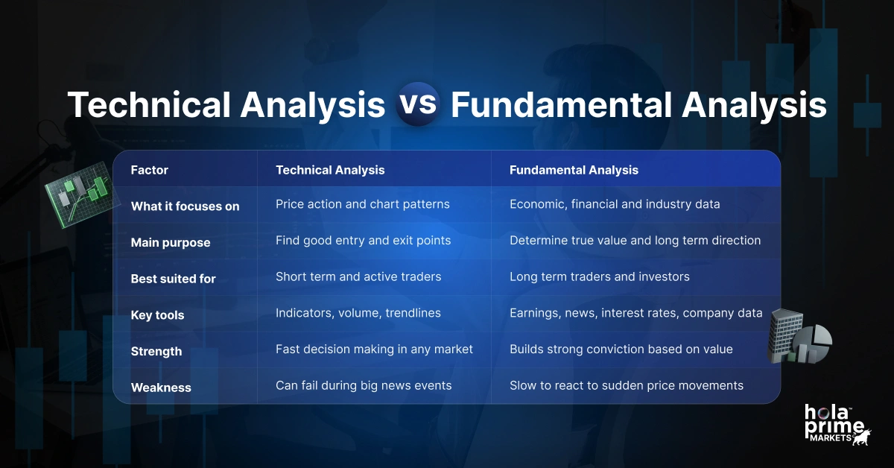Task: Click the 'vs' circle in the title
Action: point(417,104)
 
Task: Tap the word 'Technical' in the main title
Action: point(148,105)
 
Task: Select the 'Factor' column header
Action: point(150,170)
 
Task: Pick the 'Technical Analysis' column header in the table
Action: point(330,170)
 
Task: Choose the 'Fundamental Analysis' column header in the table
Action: point(574,170)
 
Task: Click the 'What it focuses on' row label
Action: point(185,206)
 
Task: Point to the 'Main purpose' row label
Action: point(171,242)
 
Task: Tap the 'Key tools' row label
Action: point(157,315)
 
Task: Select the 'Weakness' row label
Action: point(161,388)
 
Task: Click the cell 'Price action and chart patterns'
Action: point(362,204)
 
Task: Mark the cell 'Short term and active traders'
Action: point(358,276)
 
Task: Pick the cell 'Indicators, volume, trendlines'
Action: point(358,313)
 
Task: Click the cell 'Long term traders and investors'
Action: point(599,276)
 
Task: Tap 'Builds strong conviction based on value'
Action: point(621,349)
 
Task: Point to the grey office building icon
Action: point(784,335)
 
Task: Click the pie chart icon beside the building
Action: point(814,345)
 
